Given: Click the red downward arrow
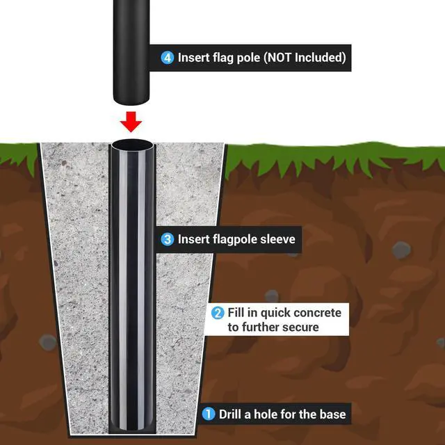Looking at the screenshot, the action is click(x=131, y=122).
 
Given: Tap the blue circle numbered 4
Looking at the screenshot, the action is click(x=168, y=58).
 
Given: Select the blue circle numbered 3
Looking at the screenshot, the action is click(x=168, y=239).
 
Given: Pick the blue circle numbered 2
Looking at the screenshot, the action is click(x=218, y=313).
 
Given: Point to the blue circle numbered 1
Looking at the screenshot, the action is click(x=209, y=414).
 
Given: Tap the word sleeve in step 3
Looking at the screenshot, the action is click(x=278, y=239).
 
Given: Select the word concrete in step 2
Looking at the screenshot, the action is click(x=318, y=313).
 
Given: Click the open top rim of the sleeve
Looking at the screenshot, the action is click(x=132, y=145).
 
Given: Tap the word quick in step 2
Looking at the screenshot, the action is click(x=275, y=314).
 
